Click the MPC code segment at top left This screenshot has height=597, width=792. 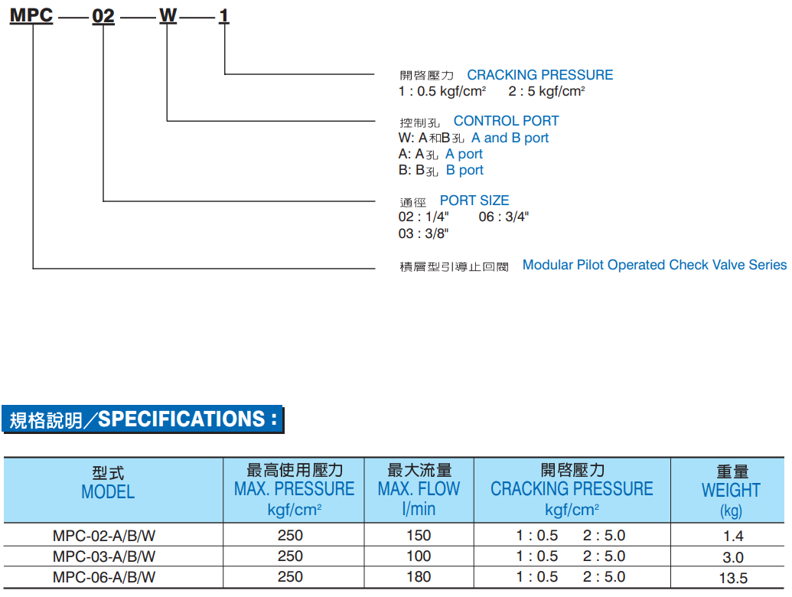click(x=31, y=15)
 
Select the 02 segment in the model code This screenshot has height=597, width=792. click(x=103, y=15)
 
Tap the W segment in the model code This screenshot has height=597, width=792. click(x=168, y=15)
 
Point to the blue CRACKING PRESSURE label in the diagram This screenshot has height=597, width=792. click(x=539, y=75)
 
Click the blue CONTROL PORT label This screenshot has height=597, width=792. click(x=506, y=121)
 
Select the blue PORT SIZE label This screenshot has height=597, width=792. click(x=474, y=201)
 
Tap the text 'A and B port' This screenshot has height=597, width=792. click(x=510, y=138)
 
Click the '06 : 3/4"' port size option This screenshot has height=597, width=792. click(x=504, y=217)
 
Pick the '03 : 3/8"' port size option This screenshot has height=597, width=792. click(x=423, y=233)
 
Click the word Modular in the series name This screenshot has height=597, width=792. click(x=548, y=265)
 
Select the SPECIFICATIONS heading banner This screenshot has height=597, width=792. click(x=143, y=419)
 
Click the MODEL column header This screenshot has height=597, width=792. click(x=108, y=491)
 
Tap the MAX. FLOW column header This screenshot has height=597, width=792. click(x=419, y=488)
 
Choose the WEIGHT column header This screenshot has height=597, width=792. click(x=731, y=490)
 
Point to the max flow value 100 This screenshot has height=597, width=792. click(x=419, y=556)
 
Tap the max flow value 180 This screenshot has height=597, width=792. click(x=419, y=577)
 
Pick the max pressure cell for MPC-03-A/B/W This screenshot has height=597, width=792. click(x=290, y=556)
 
